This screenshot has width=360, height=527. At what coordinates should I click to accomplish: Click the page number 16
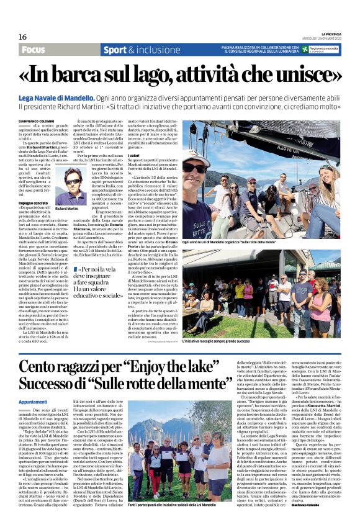(x=22, y=37)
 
